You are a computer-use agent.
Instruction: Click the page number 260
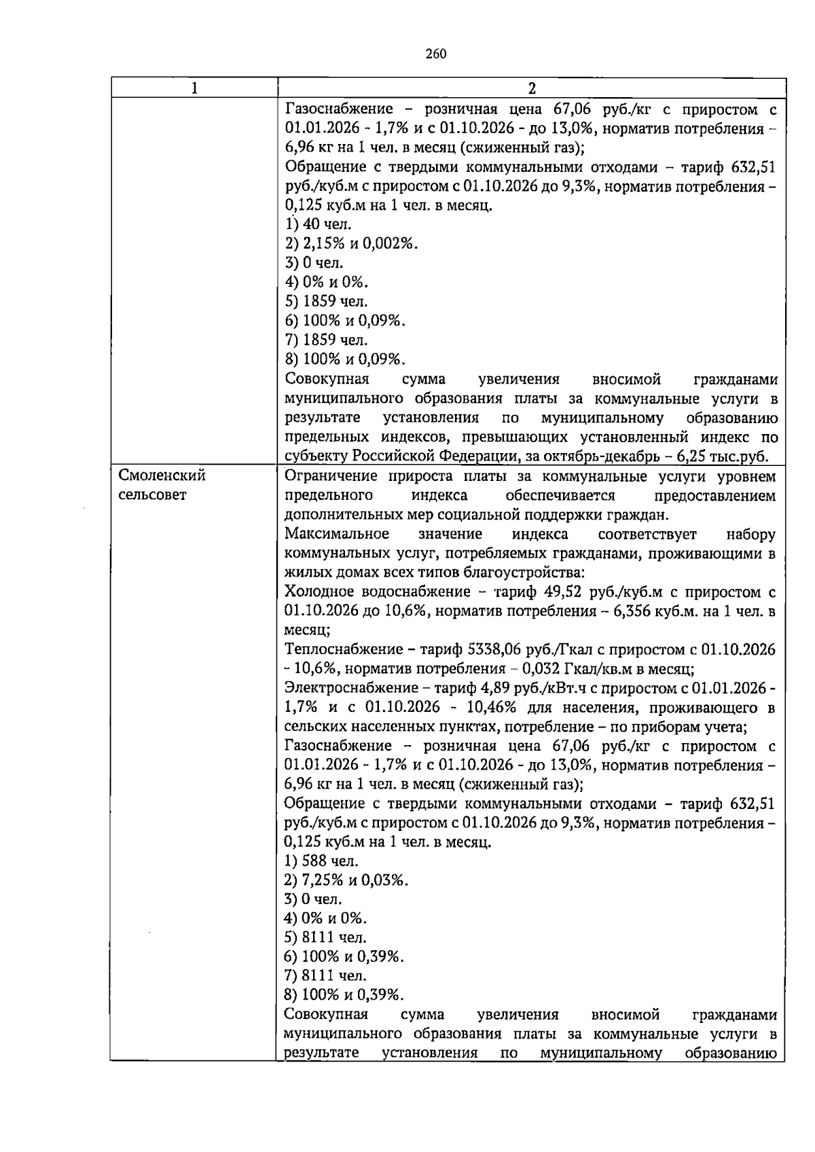pos(435,54)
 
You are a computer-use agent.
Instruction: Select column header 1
pos(194,88)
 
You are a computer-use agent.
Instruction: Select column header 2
pos(532,88)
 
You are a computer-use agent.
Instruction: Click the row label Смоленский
pos(162,475)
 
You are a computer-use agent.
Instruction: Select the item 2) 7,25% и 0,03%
pos(346,880)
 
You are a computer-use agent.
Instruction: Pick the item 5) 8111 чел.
pos(325,937)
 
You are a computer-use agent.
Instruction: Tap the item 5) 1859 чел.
pos(326,301)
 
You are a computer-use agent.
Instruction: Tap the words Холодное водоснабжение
pos(377,592)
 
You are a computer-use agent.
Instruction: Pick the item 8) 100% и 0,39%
pos(344,995)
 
